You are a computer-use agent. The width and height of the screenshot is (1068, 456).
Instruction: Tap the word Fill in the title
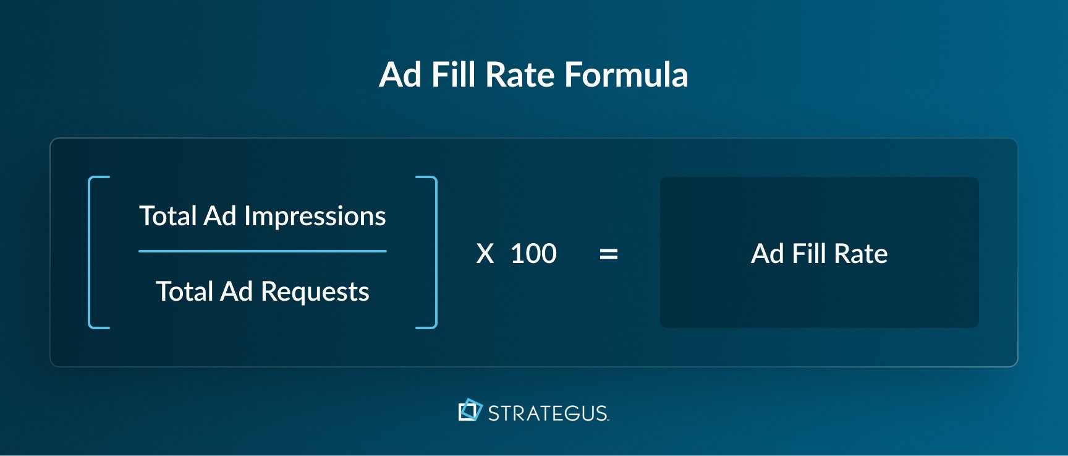point(454,75)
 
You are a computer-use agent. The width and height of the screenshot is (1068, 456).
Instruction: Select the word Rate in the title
point(520,75)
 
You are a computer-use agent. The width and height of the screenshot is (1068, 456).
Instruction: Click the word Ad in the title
point(400,75)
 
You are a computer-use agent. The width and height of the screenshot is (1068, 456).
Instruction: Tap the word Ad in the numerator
point(220,216)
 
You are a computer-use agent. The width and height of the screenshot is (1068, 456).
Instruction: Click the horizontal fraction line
point(263,251)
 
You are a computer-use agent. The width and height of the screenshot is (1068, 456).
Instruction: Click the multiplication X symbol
point(485,254)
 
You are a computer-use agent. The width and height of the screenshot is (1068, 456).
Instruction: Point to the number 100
point(533,254)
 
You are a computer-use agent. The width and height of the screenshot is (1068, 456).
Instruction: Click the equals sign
point(609,254)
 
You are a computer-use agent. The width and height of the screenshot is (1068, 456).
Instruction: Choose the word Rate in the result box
point(860,254)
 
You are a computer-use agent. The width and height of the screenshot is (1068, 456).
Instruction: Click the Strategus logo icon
point(470,410)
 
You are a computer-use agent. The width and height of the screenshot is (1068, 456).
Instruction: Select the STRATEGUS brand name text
point(548,413)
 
